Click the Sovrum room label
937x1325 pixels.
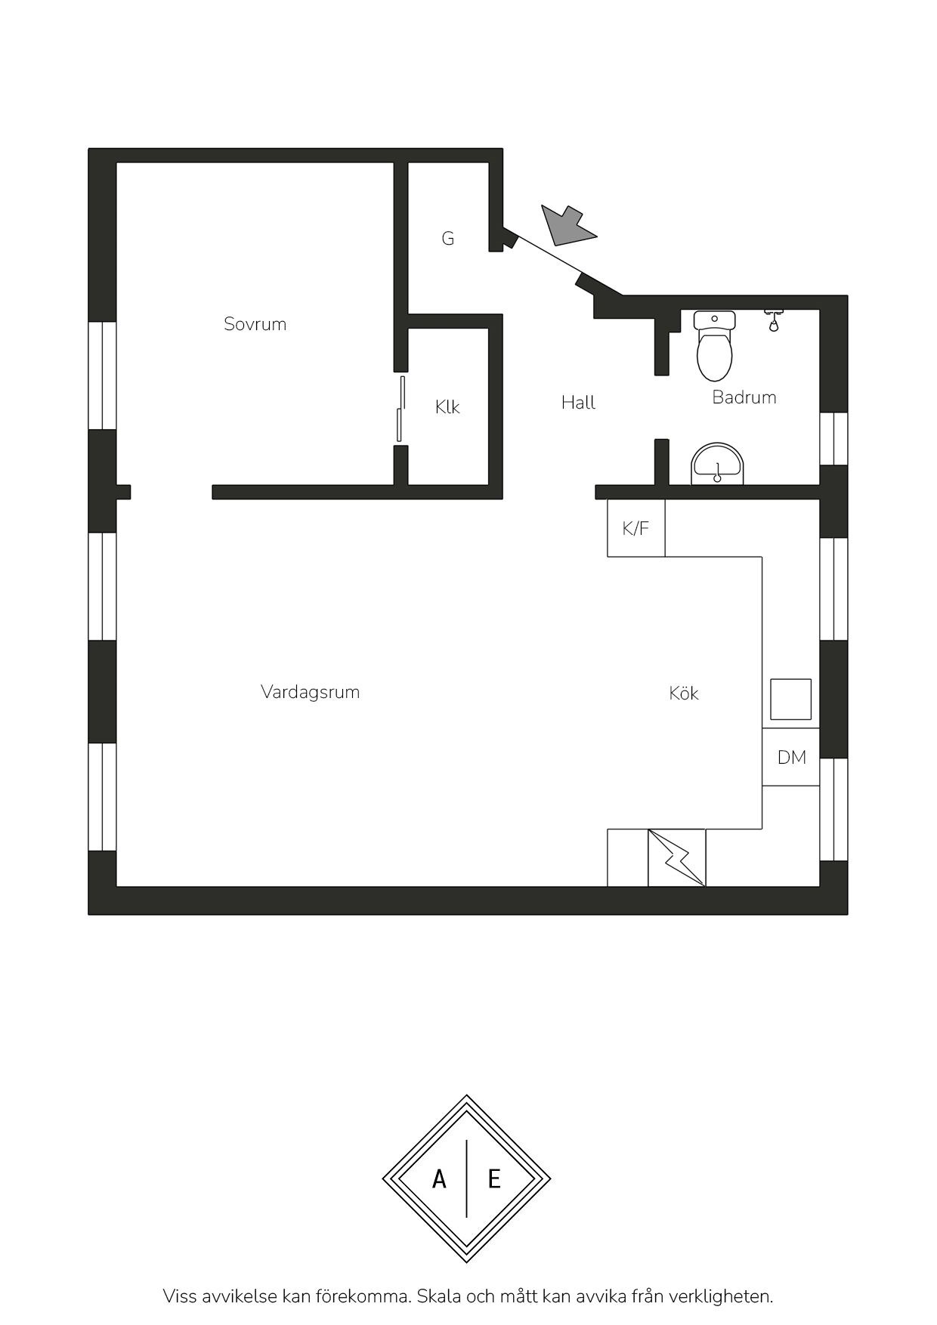point(255,324)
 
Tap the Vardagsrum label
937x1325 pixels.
point(310,692)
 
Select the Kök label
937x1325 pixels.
point(684,693)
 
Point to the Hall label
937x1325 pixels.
point(578,403)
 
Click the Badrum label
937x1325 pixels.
point(744,397)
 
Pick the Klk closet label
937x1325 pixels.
point(447,407)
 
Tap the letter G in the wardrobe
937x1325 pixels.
point(448,239)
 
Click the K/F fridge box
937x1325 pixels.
point(636,528)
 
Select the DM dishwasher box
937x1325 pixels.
point(791,757)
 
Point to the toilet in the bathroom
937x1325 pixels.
point(714,345)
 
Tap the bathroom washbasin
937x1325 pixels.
point(718,465)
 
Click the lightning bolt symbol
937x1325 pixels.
point(677,858)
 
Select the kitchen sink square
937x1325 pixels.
point(791,700)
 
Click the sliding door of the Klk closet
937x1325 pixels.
point(401,409)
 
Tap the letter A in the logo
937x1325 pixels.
point(439,1179)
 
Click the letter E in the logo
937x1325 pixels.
point(494,1179)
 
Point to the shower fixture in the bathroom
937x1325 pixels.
point(773,320)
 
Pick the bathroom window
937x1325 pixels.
point(833,439)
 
